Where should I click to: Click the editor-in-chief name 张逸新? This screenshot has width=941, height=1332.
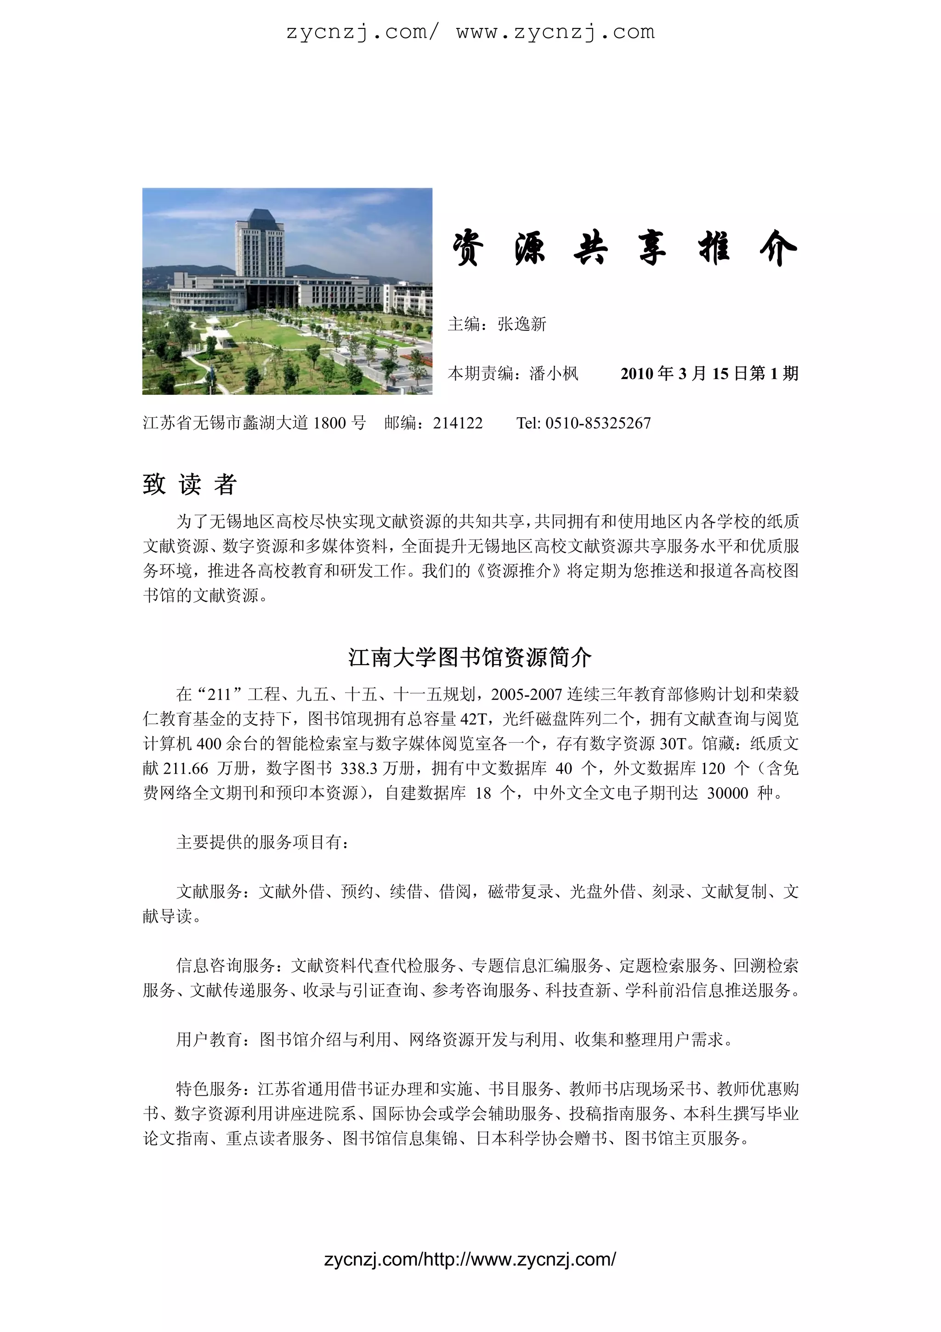coord(522,324)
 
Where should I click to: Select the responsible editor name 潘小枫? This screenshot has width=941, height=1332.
coord(554,374)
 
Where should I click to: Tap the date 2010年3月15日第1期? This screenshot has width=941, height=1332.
coord(709,374)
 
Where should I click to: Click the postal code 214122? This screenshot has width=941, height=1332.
coord(458,423)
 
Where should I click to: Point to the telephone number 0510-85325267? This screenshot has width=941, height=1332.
coord(598,423)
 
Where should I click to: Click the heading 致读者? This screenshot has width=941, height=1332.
coord(190,484)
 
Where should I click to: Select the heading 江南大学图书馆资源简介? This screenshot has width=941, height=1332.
coord(470,657)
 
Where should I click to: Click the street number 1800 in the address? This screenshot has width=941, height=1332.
coord(329,423)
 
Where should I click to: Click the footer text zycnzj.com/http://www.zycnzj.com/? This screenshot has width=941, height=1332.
coord(470,1259)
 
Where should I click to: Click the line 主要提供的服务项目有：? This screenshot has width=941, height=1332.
coord(263,842)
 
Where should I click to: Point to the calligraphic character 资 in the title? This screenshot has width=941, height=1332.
coord(467,248)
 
